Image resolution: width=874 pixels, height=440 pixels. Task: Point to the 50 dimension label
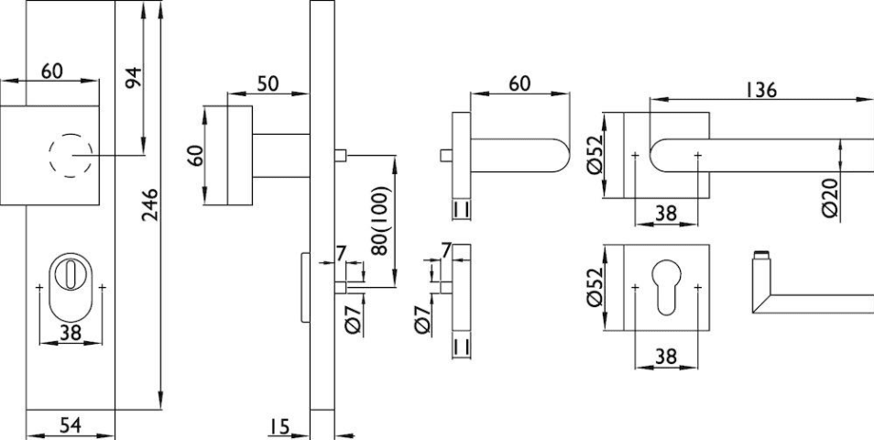tap(268, 82)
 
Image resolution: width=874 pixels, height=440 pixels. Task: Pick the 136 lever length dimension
tap(760, 90)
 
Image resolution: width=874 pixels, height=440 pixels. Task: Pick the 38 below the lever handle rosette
tap(666, 213)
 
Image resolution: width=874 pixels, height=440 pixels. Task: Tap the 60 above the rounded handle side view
tap(519, 83)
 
